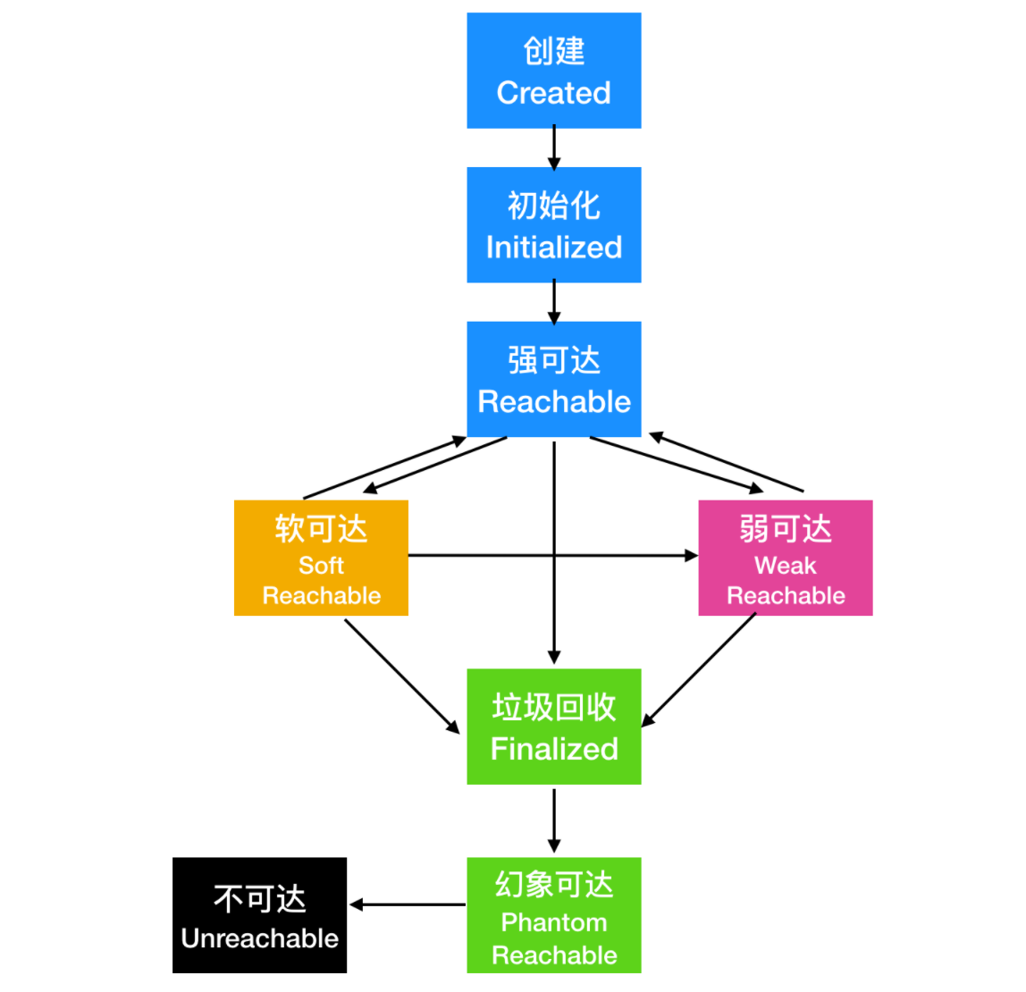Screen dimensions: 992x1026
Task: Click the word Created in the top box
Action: coord(553,93)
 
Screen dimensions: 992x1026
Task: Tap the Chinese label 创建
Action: coord(554,51)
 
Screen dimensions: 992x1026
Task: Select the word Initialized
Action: coord(553,248)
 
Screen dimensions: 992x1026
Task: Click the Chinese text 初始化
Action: coord(554,206)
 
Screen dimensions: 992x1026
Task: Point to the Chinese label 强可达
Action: coord(554,360)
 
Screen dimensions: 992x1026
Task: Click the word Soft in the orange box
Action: coord(321,566)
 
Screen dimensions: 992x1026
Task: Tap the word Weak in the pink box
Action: coord(785,566)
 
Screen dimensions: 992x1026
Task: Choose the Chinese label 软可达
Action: coord(321,528)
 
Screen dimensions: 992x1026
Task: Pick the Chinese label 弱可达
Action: coord(785,528)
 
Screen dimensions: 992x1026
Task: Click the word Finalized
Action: coord(554,749)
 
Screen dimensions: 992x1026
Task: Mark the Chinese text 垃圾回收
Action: coord(554,707)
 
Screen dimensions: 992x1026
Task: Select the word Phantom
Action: coord(554,922)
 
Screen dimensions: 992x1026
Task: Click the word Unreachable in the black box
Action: coord(259,938)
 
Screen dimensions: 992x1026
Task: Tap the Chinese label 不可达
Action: coord(259,898)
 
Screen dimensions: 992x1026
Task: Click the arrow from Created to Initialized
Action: coord(554,147)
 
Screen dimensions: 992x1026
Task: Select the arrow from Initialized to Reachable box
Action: coord(554,302)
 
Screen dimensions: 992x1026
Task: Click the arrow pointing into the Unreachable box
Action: coord(407,905)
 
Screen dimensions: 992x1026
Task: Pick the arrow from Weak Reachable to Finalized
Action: coord(699,670)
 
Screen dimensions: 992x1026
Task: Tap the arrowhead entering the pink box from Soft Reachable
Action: coord(691,556)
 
